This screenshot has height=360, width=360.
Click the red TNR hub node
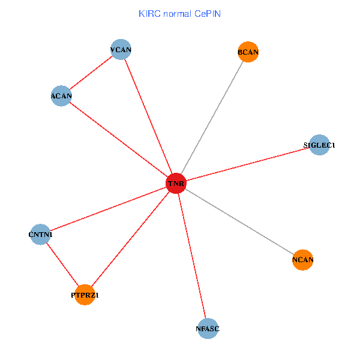[x=176, y=182]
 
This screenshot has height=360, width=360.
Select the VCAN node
[x=121, y=50]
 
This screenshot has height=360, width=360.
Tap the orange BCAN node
[x=248, y=52]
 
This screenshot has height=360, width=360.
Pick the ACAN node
[x=61, y=96]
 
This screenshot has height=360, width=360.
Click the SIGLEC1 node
[x=319, y=145]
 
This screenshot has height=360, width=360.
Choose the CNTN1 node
[x=40, y=235]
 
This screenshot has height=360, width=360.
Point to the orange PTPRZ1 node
[x=85, y=295]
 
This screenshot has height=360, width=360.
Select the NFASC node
[x=208, y=329]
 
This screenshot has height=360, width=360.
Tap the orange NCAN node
[x=303, y=260]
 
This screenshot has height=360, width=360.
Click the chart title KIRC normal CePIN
[x=179, y=13]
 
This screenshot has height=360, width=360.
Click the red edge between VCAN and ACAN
[x=91, y=73]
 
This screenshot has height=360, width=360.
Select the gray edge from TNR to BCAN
[x=212, y=118]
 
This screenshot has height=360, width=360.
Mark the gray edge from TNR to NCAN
[x=239, y=221]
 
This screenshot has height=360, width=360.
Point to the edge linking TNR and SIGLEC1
[x=247, y=164]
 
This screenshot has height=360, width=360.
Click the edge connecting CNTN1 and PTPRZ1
[x=62, y=265]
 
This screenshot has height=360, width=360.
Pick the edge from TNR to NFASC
[x=192, y=256]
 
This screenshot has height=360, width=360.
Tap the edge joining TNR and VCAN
[x=148, y=116]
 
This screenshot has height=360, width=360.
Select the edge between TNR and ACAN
[x=118, y=139]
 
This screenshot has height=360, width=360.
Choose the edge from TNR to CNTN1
[x=108, y=208]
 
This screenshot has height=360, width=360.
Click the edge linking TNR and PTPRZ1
[x=130, y=239]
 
